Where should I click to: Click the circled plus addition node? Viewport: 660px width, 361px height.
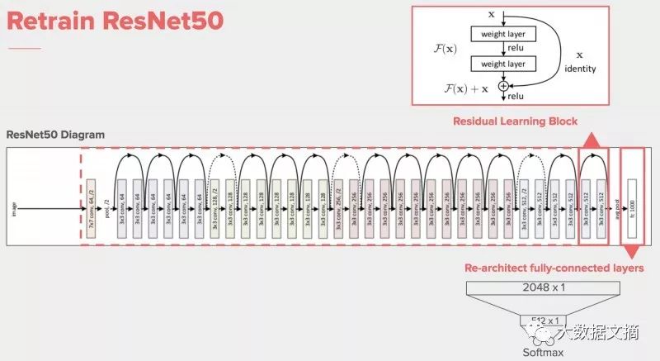coord(502,85)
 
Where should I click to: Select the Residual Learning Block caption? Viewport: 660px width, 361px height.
coord(515,121)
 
